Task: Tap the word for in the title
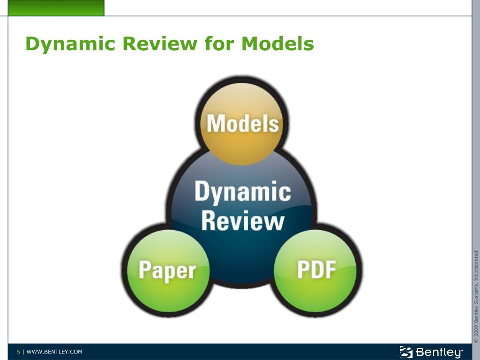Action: point(219,44)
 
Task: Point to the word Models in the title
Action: point(277,44)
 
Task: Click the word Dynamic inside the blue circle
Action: point(242,192)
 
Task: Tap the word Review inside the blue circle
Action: point(242,220)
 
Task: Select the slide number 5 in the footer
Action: point(19,352)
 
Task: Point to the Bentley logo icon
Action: point(406,352)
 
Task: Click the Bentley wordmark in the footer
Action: point(439,352)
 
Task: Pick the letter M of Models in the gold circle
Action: point(215,124)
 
